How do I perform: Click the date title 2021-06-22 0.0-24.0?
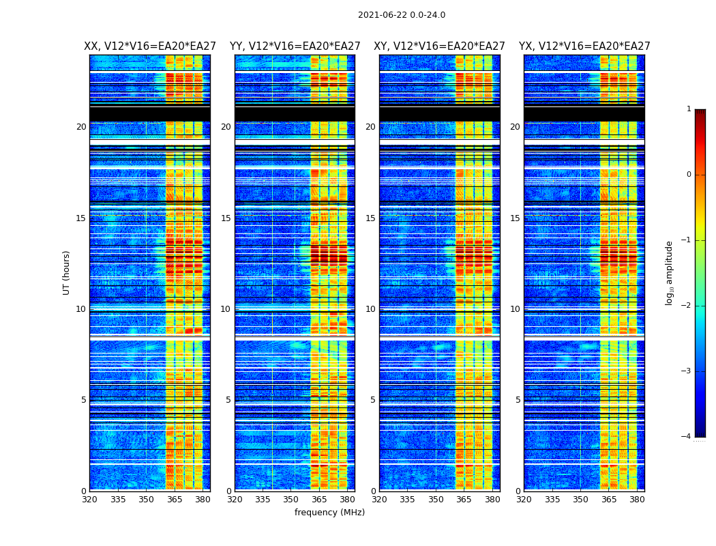coord(402,15)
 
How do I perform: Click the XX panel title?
coord(150,46)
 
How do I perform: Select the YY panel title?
coord(295,46)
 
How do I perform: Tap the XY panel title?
coord(439,46)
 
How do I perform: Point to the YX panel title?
coord(584,46)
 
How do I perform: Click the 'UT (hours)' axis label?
coord(67,272)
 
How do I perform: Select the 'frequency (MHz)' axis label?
coord(329,513)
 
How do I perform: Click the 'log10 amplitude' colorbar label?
coord(669,272)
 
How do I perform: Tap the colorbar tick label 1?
coord(689,109)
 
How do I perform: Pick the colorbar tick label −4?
coord(687,437)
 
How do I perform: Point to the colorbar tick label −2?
coord(687,306)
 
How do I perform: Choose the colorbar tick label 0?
coord(689,175)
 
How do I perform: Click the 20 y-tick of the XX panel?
coord(81,127)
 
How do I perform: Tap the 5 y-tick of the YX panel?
coord(518,400)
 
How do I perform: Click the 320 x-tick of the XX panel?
coord(89,500)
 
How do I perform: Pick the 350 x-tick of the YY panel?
coord(291,500)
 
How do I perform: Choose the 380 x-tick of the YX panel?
coord(637,500)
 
